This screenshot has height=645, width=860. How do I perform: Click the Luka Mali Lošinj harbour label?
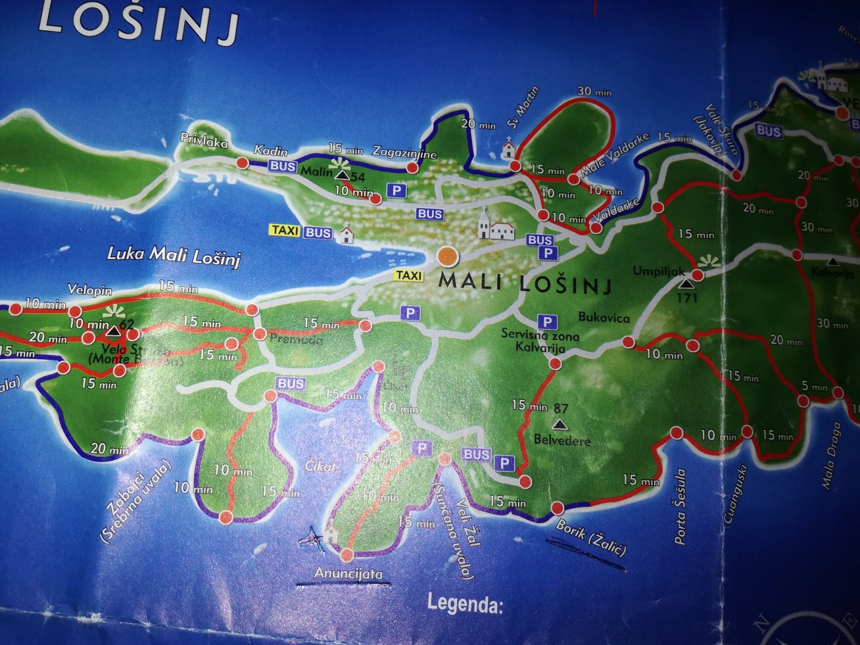[x=173, y=255]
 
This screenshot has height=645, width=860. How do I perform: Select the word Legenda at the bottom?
[x=464, y=604]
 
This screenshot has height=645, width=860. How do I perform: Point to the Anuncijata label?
[x=348, y=574]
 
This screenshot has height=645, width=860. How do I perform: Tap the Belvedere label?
[x=562, y=440]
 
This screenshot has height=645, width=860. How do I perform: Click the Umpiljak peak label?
[x=659, y=271]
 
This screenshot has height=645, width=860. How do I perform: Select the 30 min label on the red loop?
[x=594, y=91]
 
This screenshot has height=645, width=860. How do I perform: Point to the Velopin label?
[x=90, y=290]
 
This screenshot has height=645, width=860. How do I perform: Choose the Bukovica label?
[x=604, y=318]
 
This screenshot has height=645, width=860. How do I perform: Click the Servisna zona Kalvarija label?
[x=540, y=342]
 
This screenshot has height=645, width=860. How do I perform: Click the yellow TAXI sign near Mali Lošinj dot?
[x=409, y=276]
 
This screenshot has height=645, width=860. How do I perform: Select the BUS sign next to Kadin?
[x=283, y=166]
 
